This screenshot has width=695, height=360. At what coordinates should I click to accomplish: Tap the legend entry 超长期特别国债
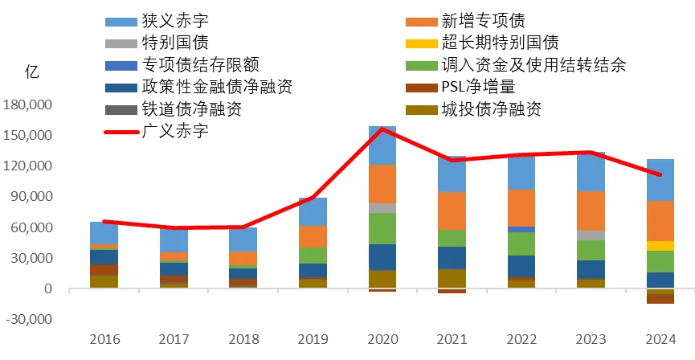(x=499, y=42)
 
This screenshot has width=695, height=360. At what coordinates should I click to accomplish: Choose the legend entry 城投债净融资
(x=491, y=108)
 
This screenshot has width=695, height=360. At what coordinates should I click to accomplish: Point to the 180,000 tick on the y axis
(x=28, y=104)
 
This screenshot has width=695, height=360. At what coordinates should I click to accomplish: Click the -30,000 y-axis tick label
(x=28, y=319)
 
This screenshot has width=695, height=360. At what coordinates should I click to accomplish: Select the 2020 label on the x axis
(x=382, y=340)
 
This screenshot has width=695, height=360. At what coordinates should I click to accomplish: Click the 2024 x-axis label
(x=660, y=340)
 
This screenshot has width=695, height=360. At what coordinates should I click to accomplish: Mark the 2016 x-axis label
(x=104, y=340)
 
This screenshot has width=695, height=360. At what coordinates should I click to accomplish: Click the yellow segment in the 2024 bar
(x=660, y=246)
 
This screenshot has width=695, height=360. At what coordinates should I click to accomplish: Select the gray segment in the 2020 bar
(x=382, y=208)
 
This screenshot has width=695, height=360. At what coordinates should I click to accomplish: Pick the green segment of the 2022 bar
(x=521, y=243)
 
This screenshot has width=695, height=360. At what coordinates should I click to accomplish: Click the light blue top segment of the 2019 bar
(x=313, y=211)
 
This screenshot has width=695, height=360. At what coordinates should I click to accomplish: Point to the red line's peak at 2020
(x=382, y=129)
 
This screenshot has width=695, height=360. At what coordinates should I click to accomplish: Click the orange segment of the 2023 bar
(x=591, y=211)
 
